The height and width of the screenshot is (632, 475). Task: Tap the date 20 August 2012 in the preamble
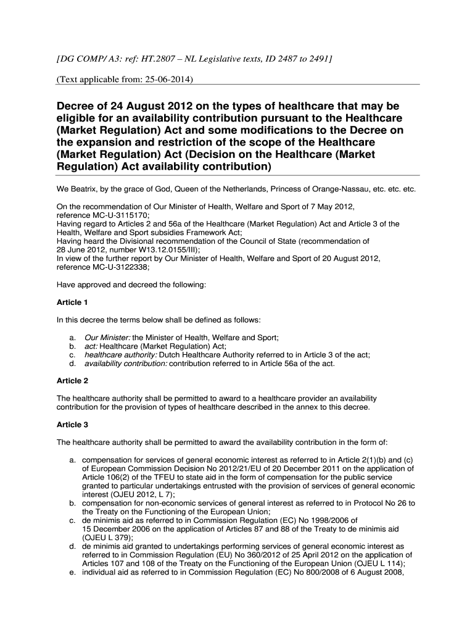(x=348, y=259)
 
